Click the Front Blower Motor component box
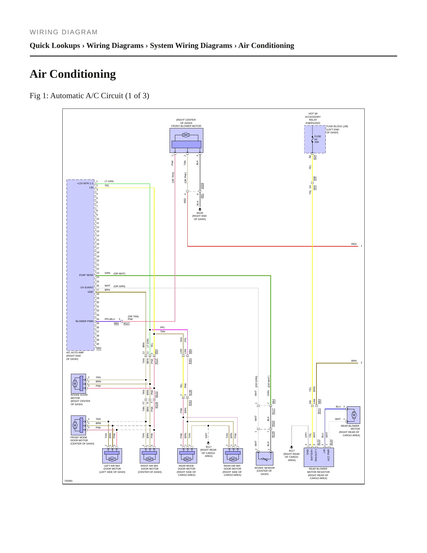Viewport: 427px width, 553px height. pos(186,140)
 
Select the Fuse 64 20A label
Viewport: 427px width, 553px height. pos(318,139)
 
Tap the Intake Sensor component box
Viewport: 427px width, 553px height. pos(264,459)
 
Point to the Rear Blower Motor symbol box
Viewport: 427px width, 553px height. pos(353,415)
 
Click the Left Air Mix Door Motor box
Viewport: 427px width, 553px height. pos(112,456)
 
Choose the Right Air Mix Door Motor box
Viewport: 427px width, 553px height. pos(150,456)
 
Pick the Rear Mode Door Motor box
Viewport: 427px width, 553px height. pos(187,456)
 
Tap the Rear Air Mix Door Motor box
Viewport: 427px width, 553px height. pos(233,456)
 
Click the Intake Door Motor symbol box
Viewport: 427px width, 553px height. pos(78,384)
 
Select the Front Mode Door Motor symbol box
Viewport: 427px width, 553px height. pos(78,425)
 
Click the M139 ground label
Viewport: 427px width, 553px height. pos(200,213)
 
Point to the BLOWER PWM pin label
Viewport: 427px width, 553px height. pos(84,321)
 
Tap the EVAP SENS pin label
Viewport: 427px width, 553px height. pos(86,275)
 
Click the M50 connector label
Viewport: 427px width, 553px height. pos(99,348)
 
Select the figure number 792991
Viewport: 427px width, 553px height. pos(68,481)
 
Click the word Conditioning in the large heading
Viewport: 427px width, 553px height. pos(82,74)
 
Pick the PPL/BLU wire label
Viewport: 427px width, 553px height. pos(110,319)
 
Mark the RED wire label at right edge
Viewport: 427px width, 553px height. pos(354,244)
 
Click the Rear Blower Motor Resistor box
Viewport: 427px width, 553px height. pos(319,457)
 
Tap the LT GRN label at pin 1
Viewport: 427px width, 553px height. pos(109,181)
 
